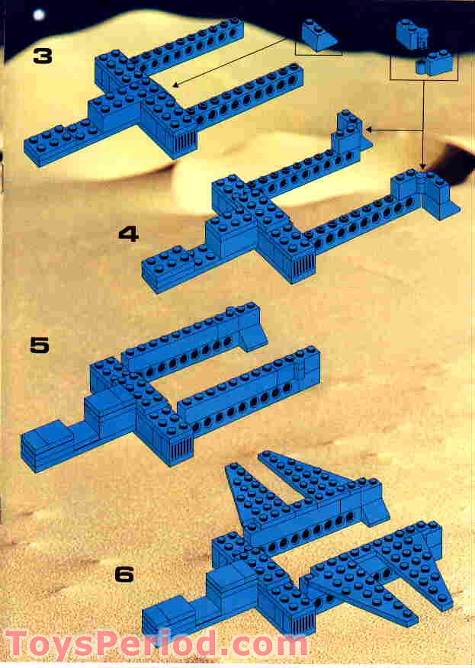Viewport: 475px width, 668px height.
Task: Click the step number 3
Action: tap(43, 56)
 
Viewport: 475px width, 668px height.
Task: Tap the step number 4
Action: tap(129, 234)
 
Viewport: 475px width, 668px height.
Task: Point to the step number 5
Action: tap(40, 345)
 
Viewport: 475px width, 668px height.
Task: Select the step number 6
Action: tap(124, 574)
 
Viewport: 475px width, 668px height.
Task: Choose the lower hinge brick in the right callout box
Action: tap(434, 63)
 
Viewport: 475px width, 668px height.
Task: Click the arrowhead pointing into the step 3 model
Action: tap(175, 85)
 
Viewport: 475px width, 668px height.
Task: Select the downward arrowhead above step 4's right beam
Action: tap(422, 166)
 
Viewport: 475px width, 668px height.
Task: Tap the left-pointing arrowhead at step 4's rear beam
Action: tap(369, 129)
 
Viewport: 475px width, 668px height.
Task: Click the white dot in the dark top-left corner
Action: tap(39, 15)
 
